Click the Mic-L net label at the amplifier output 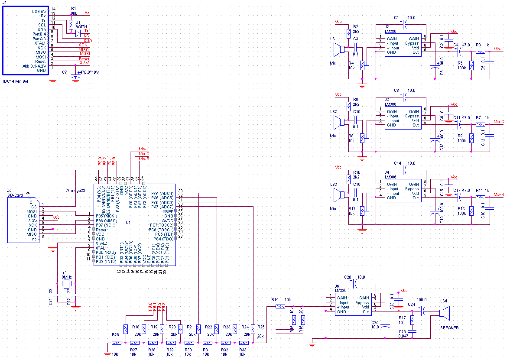[x=498, y=49]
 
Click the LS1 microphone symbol [x=339, y=51]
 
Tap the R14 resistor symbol [x=280, y=307]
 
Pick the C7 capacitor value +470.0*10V [x=88, y=72]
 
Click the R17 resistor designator [x=402, y=318]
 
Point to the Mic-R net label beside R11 [x=498, y=195]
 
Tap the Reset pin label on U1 [x=101, y=230]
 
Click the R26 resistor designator [x=115, y=335]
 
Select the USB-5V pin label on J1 [x=39, y=11]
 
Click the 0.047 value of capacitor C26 [x=403, y=336]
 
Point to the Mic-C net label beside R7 [x=498, y=122]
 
